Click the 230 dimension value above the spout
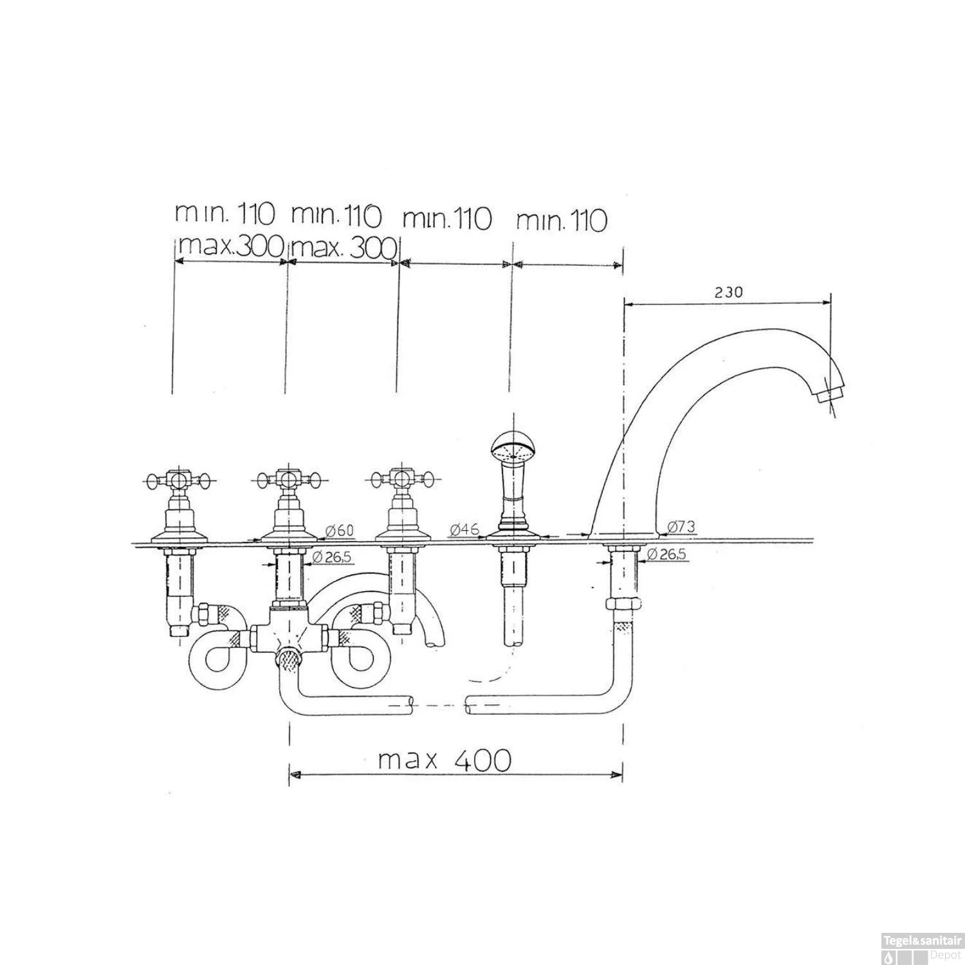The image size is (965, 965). (x=728, y=292)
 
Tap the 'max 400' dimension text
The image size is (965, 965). (x=445, y=760)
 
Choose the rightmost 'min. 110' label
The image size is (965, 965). (x=562, y=221)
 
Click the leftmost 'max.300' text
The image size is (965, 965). (x=230, y=245)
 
